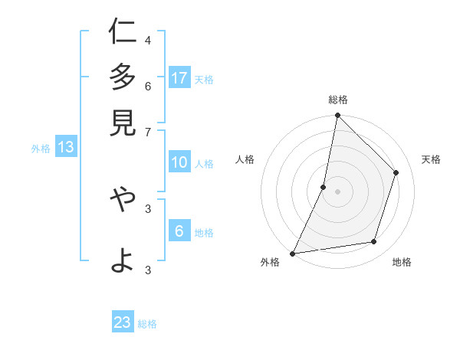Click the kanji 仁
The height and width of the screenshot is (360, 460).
pos(123,33)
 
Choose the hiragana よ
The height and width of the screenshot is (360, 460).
pos(123,260)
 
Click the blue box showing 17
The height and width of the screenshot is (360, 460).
pos(179,77)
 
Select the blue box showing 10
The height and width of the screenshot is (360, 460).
pos(179,162)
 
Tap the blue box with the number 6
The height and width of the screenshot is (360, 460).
pos(179,231)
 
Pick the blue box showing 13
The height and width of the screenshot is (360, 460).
pos(65,148)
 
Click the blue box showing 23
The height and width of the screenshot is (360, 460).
pos(123,322)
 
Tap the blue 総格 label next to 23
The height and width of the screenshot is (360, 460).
pos(147,324)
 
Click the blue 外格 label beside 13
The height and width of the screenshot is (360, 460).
pos(41,149)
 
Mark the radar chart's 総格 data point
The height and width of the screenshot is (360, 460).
pos(337,115)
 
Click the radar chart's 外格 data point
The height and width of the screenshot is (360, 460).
pos(293,253)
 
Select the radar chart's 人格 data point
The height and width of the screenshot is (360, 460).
pos(324,186)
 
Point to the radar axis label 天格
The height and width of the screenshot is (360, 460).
pos(431,159)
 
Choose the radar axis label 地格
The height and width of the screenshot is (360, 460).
pos(402,262)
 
